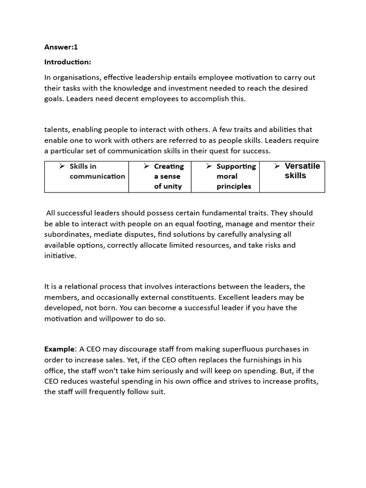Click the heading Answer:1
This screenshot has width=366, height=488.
pyautogui.click(x=61, y=47)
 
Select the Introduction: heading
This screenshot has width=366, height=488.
pyautogui.click(x=68, y=62)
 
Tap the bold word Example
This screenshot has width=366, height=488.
pyautogui.click(x=60, y=349)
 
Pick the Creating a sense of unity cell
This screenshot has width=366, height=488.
pyautogui.click(x=160, y=176)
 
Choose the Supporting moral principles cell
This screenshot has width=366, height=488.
pyautogui.click(x=225, y=176)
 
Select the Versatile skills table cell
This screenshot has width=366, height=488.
pyautogui.click(x=292, y=176)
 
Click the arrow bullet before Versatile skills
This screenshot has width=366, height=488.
pyautogui.click(x=277, y=166)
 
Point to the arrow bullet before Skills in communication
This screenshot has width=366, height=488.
pyautogui.click(x=62, y=166)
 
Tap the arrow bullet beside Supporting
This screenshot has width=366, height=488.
pyautogui.click(x=209, y=166)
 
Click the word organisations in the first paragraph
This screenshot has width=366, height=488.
pyautogui.click(x=76, y=77)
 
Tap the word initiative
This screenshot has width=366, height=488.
pyautogui.click(x=60, y=256)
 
